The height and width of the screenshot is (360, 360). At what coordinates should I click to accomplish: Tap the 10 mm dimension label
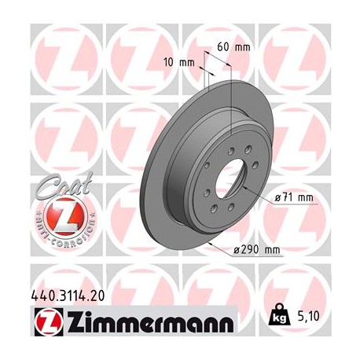point(178,61)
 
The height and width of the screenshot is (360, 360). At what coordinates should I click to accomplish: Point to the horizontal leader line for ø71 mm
point(291,205)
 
